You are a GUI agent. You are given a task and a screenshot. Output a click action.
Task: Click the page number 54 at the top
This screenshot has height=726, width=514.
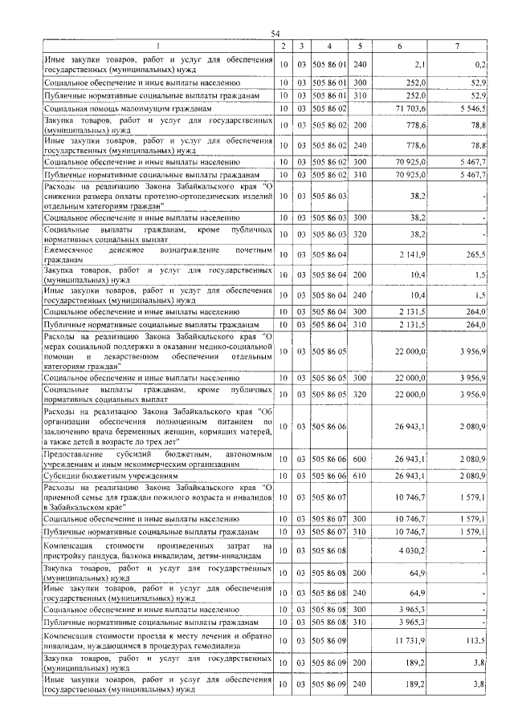click(275, 33)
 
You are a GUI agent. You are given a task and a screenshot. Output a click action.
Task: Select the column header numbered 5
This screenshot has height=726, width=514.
click(360, 46)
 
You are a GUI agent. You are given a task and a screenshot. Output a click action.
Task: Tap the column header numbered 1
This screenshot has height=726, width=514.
click(158, 46)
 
